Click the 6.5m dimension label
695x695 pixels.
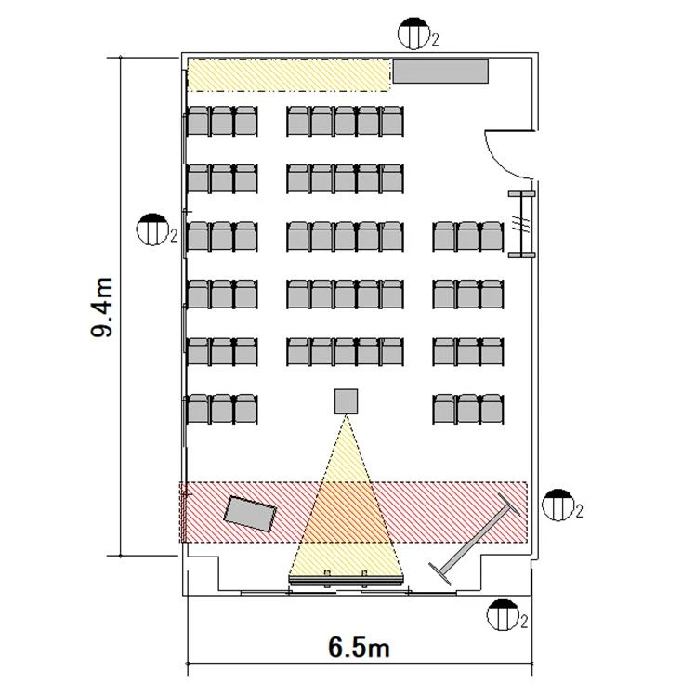[x=359, y=647]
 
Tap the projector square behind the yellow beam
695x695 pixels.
[x=347, y=400]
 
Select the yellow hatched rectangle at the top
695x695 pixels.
[x=288, y=74]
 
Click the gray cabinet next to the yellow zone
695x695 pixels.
[x=440, y=72]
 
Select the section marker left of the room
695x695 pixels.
[x=150, y=228]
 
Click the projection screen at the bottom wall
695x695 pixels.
[x=346, y=578]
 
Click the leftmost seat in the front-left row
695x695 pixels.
[x=197, y=409]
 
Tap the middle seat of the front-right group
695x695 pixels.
[x=467, y=409]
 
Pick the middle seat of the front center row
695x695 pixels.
[x=347, y=351]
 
